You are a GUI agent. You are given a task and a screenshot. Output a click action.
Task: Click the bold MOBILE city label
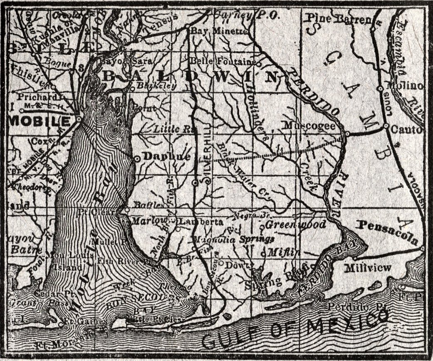[x=40, y=121]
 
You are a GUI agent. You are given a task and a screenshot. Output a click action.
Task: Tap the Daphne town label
[x=166, y=157]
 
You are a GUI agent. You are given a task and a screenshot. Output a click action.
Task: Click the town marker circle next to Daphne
[x=137, y=159]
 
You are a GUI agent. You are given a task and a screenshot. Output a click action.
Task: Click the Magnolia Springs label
[x=233, y=239]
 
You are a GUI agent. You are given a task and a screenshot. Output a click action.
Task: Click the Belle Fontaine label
[x=223, y=61]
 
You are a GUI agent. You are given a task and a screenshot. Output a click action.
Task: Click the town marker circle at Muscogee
[x=346, y=134]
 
